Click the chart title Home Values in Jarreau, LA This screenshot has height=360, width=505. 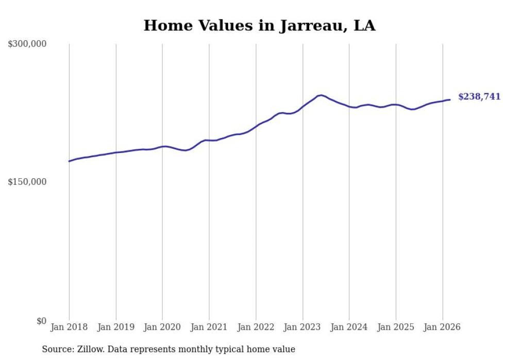[x=259, y=25]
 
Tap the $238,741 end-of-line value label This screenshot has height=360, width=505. [x=479, y=97]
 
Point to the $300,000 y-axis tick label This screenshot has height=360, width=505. [x=27, y=44]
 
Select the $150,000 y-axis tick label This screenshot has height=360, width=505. [x=27, y=182]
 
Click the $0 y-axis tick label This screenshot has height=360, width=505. [x=41, y=321]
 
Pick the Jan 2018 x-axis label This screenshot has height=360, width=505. [x=69, y=327]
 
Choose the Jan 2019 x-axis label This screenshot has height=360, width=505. [x=116, y=327]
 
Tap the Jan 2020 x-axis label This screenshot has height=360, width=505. [x=162, y=327]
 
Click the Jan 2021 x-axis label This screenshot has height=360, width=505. [x=209, y=327]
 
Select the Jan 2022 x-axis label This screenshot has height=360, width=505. [x=256, y=327]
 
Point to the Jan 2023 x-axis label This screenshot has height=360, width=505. [x=303, y=327]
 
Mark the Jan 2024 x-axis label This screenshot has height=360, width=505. [x=349, y=327]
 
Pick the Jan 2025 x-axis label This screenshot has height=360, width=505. [x=396, y=327]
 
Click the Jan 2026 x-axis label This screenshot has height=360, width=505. [x=443, y=327]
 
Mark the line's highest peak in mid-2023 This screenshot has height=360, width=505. [x=321, y=95]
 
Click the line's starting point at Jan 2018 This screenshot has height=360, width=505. [x=69, y=161]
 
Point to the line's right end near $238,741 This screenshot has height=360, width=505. [x=450, y=99]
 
